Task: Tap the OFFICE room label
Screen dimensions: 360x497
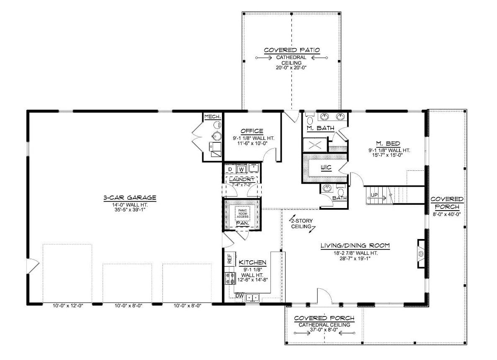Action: point(252,131)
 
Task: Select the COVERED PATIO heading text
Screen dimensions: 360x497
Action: point(292,50)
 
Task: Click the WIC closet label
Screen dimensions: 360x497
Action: point(326,168)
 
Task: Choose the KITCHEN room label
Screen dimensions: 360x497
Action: point(252,262)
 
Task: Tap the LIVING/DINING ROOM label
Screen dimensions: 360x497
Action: point(355,246)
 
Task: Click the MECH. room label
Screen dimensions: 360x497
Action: point(212,116)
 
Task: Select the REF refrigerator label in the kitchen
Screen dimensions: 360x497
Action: point(229,258)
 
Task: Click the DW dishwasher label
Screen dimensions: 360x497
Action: point(239,296)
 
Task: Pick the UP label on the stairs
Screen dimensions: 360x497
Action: point(374,195)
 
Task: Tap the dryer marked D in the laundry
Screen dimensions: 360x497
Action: point(230,169)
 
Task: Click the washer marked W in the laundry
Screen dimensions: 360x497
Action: point(241,169)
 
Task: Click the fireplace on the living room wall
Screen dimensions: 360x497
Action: point(421,253)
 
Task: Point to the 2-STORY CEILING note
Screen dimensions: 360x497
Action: point(301,224)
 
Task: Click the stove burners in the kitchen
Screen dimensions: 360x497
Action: point(230,278)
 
